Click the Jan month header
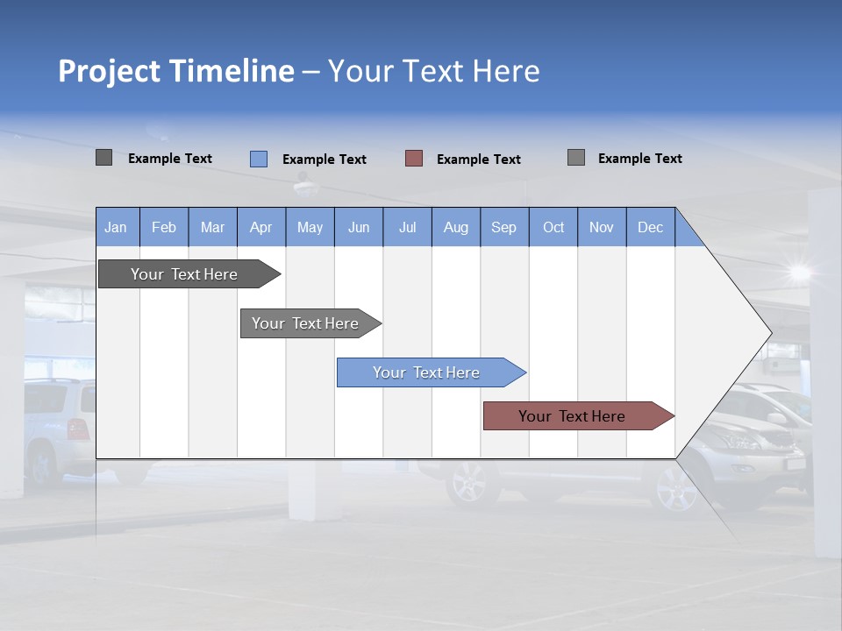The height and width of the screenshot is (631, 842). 117,227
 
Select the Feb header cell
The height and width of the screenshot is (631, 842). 164,227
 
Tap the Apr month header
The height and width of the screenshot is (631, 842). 261,227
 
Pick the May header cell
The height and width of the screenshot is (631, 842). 310,227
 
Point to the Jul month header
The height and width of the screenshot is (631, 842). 407,227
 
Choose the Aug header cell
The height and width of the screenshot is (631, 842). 456,227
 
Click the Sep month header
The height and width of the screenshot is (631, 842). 504,227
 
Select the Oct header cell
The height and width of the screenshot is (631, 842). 553,227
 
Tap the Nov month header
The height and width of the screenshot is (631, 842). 602,227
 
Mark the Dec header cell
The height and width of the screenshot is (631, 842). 651,227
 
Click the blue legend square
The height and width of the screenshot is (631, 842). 259,159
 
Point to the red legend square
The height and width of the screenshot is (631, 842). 414,159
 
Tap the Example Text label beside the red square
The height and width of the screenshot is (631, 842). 479,160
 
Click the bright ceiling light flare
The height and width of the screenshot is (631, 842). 799,271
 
